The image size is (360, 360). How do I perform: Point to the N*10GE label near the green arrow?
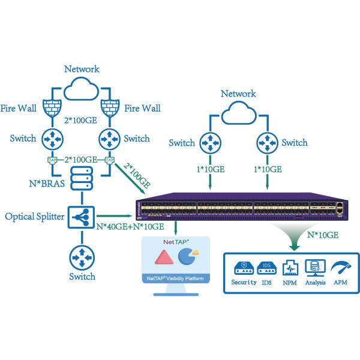[322, 235]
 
